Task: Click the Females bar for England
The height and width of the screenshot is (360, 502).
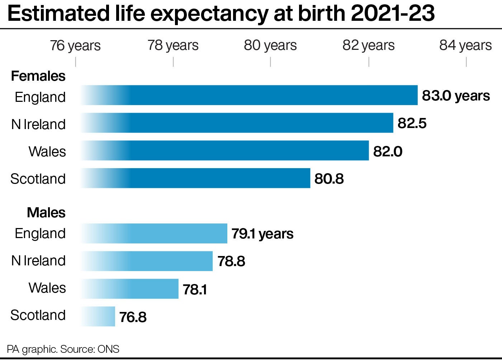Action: [x=249, y=95]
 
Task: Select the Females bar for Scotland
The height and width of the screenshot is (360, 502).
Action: [x=195, y=178]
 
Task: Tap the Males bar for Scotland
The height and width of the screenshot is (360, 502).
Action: [x=98, y=316]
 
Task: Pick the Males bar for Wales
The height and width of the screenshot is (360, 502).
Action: [x=130, y=289]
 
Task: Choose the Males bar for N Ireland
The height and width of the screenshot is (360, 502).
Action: [x=147, y=261]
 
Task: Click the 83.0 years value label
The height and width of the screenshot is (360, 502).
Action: [x=456, y=96]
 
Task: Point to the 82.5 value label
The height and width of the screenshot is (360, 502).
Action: [x=412, y=123]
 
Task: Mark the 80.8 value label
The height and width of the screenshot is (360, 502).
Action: [x=329, y=179]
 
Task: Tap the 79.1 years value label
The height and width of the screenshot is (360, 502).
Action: [x=262, y=234]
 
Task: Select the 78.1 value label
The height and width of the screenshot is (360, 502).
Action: [x=195, y=289]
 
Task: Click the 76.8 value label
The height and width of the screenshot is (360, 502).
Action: [x=133, y=317]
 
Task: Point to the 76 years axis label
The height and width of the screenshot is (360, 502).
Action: [x=75, y=46]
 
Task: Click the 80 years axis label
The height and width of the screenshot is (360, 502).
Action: [x=270, y=46]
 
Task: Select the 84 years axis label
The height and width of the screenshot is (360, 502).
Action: [x=465, y=46]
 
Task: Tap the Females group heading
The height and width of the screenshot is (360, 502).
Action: [x=38, y=76]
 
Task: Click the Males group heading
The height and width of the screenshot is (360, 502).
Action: [x=46, y=213]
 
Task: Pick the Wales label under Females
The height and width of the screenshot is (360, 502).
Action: [x=47, y=151]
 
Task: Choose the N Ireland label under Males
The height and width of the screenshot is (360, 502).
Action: [x=38, y=261]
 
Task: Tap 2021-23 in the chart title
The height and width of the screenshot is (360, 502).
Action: [x=393, y=14]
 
